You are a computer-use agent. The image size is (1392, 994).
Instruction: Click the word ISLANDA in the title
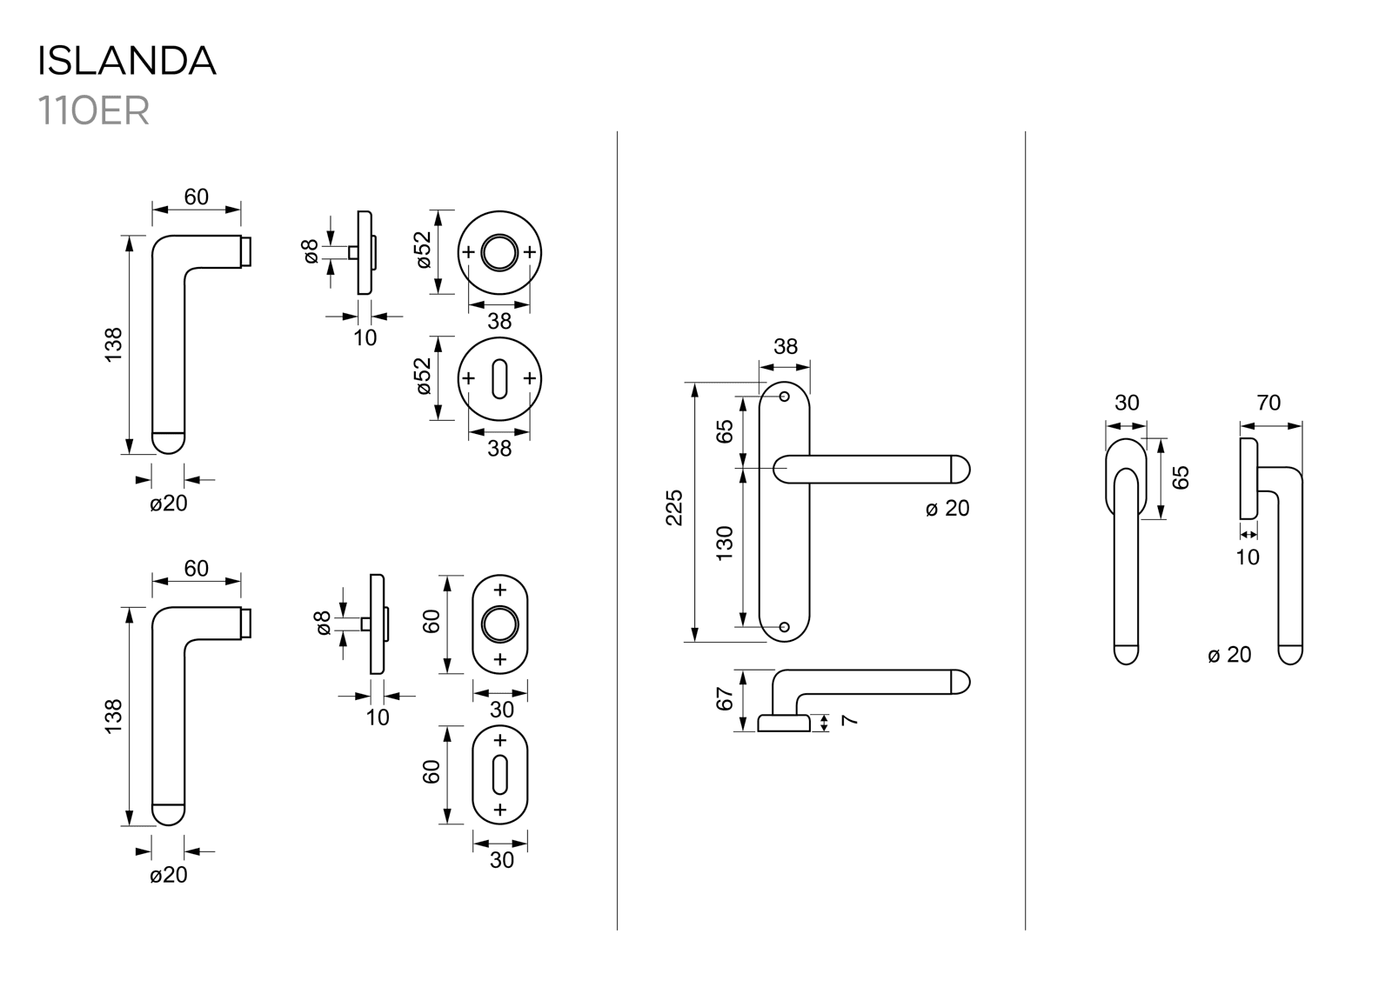(x=126, y=61)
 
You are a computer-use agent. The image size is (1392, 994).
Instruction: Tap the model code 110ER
(x=93, y=111)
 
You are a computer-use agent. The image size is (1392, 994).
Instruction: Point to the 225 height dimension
(x=674, y=508)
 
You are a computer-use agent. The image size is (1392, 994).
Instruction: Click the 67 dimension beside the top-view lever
(x=725, y=698)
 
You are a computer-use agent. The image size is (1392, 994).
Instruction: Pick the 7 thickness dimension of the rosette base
(x=850, y=720)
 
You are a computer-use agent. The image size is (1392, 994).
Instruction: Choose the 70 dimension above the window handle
(x=1269, y=403)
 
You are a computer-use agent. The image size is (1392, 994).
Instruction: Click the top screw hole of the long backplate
(x=784, y=397)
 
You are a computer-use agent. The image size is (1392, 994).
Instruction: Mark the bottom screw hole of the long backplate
(x=784, y=626)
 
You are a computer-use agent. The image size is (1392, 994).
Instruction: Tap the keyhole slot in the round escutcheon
(x=499, y=379)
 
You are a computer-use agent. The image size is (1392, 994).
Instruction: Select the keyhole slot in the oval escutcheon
(x=499, y=775)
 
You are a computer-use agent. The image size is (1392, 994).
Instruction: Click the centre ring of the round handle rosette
(x=499, y=252)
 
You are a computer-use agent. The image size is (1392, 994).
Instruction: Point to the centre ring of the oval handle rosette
(x=500, y=624)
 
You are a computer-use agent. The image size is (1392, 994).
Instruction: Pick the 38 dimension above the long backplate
(x=786, y=347)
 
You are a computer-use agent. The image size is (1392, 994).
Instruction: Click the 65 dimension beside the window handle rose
(x=1181, y=477)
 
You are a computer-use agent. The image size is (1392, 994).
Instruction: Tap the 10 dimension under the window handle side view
(x=1248, y=557)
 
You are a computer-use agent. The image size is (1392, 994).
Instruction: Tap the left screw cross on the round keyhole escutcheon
(x=469, y=378)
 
